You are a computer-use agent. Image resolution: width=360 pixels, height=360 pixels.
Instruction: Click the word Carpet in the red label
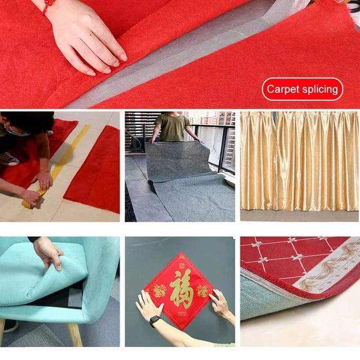pos(283,89)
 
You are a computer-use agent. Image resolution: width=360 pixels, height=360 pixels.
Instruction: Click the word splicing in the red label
pos(320,89)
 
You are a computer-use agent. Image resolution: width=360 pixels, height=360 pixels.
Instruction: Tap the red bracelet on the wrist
pos(47,6)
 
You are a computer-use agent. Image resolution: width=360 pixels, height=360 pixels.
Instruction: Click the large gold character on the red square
pos(181,289)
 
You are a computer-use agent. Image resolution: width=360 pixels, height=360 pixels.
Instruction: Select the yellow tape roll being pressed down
pos(32,201)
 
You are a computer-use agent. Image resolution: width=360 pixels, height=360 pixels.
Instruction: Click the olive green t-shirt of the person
pos(173,128)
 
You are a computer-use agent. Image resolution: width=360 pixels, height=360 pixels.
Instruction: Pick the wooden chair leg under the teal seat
pos(75,335)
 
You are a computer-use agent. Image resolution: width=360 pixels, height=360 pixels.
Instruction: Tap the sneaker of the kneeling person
pos(9,159)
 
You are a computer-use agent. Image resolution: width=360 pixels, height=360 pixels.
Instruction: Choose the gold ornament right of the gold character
pos(202,291)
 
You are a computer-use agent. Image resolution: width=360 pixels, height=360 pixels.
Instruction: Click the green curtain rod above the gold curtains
pos(299,113)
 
